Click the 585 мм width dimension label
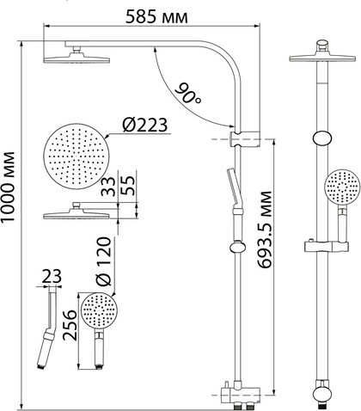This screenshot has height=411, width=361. point(156,17)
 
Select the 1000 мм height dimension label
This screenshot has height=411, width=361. point(8,187)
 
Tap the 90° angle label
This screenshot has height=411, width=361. point(187,93)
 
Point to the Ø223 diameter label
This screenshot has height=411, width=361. point(144,125)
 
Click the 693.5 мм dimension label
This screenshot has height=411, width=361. point(264,230)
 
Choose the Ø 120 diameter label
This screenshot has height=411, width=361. point(103,261)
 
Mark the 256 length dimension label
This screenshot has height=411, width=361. point(70,325)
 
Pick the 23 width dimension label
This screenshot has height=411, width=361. point(52,277)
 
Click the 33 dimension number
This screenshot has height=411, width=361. point(108,187)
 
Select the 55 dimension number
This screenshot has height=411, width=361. point(127,185)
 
